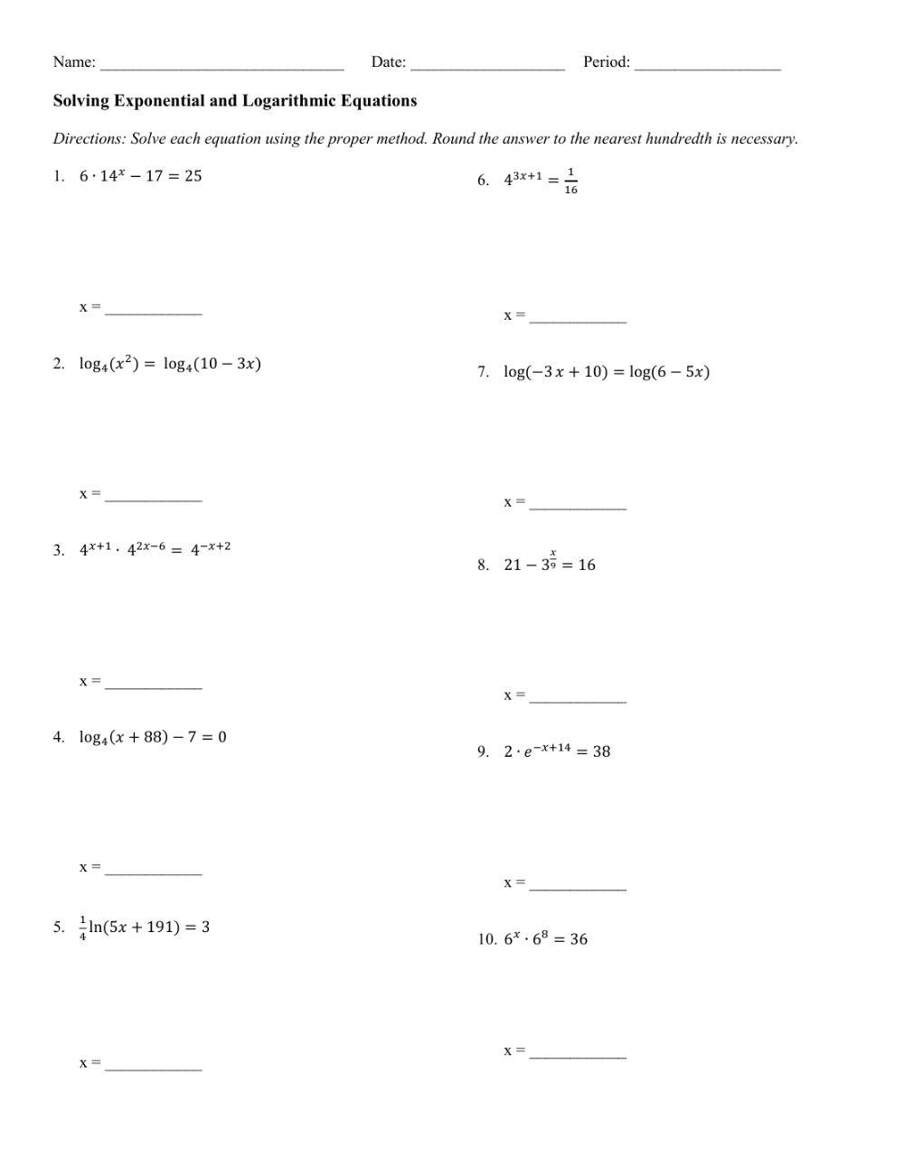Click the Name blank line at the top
click(221, 65)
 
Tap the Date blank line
click(487, 65)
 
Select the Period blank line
click(707, 65)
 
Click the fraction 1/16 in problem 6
click(570, 181)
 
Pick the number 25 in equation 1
click(193, 176)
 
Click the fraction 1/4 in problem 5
click(83, 928)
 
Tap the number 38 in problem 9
click(601, 751)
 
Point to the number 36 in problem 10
click(579, 939)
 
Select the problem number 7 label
click(483, 372)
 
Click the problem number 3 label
click(59, 550)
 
